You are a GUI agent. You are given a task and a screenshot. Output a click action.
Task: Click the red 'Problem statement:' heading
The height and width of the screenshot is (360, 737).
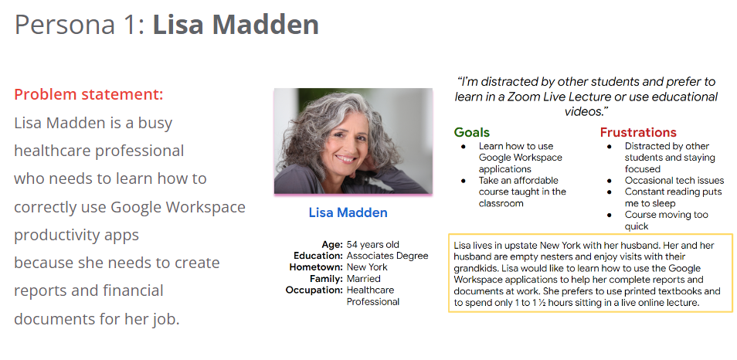pos(88,94)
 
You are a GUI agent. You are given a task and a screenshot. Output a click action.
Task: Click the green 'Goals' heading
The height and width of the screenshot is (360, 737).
pos(471,133)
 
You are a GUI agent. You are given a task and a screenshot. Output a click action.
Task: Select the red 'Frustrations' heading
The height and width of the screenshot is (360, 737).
pos(638,133)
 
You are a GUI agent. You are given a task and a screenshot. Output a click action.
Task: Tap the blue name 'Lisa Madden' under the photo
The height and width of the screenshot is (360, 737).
pos(348,213)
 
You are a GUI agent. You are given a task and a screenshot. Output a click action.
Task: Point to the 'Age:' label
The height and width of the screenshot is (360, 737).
pos(332,245)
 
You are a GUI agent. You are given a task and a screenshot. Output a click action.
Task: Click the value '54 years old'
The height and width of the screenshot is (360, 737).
pos(372,245)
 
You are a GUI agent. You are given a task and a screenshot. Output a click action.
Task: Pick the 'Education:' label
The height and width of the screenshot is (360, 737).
pos(318,256)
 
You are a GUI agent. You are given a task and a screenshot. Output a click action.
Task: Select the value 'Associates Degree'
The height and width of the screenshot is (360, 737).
pos(387,256)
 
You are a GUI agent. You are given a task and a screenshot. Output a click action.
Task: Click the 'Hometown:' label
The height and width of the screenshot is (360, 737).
pos(316,267)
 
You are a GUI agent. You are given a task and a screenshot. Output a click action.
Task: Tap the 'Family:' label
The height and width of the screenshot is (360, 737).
pos(326,279)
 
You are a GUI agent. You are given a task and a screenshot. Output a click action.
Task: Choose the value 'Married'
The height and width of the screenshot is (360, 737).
pos(363,279)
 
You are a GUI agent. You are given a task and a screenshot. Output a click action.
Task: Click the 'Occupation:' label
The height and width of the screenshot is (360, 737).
pos(314,290)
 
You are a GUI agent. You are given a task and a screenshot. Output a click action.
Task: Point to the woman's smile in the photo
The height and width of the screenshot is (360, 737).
pos(346,159)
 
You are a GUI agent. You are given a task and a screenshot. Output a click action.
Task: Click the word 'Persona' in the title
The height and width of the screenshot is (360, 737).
pos(65,25)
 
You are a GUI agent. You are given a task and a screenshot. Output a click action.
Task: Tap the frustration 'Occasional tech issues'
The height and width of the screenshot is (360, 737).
pos(674,181)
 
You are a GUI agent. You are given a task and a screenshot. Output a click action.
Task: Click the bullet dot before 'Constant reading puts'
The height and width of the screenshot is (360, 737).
pos(610,192)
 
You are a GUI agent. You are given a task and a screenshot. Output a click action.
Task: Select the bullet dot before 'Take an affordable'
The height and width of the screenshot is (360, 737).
pos(464,181)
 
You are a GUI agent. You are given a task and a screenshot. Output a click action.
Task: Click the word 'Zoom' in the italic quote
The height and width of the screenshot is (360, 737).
pos(524,97)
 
